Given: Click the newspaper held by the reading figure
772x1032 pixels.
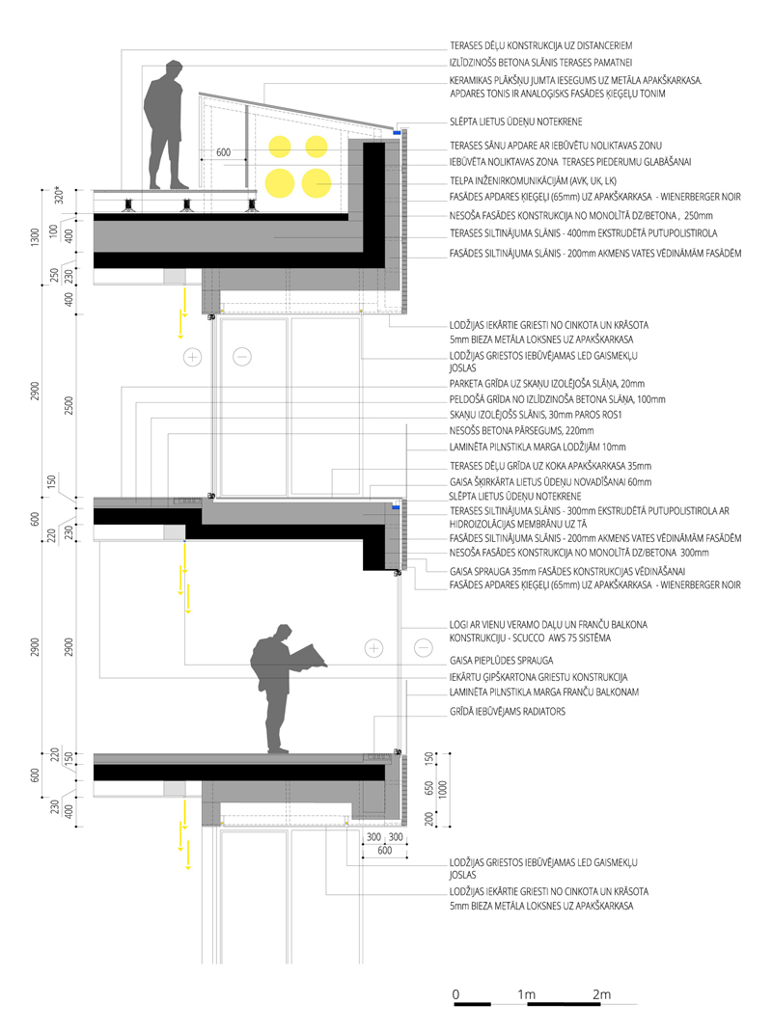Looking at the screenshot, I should pyautogui.click(x=308, y=656).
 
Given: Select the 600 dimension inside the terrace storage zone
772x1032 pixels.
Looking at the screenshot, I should pyautogui.click(x=224, y=152).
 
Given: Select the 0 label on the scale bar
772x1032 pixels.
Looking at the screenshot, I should pyautogui.click(x=455, y=993).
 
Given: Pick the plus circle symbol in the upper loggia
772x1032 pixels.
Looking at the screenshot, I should pyautogui.click(x=193, y=357).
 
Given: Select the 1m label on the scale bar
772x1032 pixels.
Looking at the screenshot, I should pyautogui.click(x=527, y=993).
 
